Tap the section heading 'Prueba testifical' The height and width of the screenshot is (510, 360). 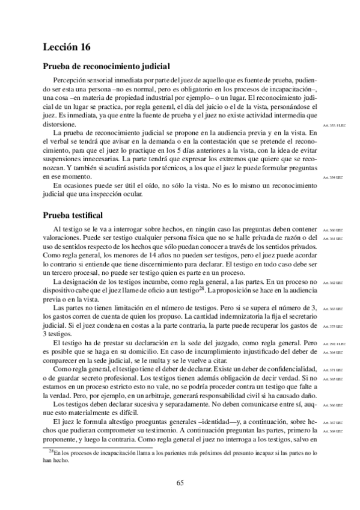(x=73, y=215)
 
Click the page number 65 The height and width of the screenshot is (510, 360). (x=180, y=482)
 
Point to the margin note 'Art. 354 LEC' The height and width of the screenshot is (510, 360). (x=332, y=178)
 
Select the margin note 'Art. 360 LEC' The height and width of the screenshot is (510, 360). (x=332, y=230)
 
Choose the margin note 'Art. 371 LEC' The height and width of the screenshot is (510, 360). (x=332, y=370)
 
